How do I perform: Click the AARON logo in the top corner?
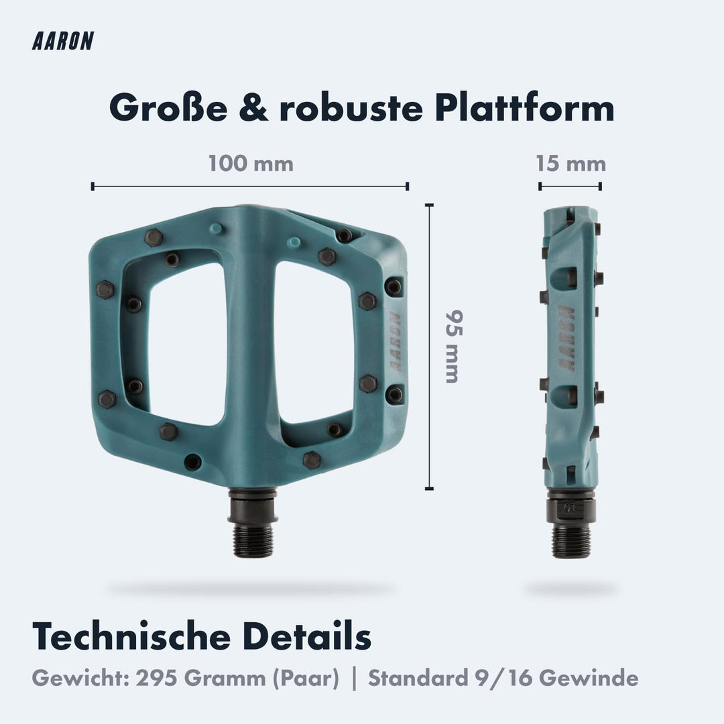[62, 42]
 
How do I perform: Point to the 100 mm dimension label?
[251, 164]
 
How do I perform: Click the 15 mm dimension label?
[570, 164]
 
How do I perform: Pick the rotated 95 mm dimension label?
[453, 346]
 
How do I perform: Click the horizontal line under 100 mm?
[250, 186]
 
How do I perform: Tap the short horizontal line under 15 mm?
[570, 186]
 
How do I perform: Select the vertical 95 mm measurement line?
[430, 347]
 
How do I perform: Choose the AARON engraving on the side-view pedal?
[567, 339]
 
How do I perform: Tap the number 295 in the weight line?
[158, 678]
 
